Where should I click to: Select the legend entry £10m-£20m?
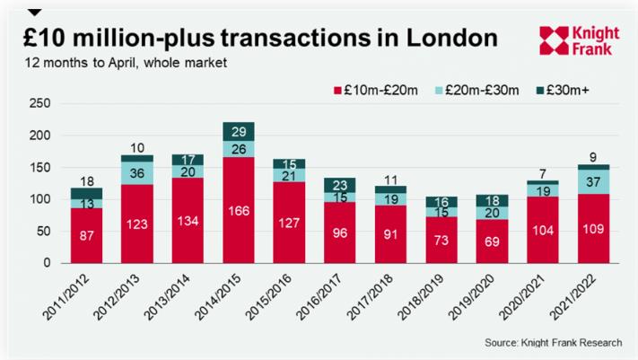click(x=376, y=90)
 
